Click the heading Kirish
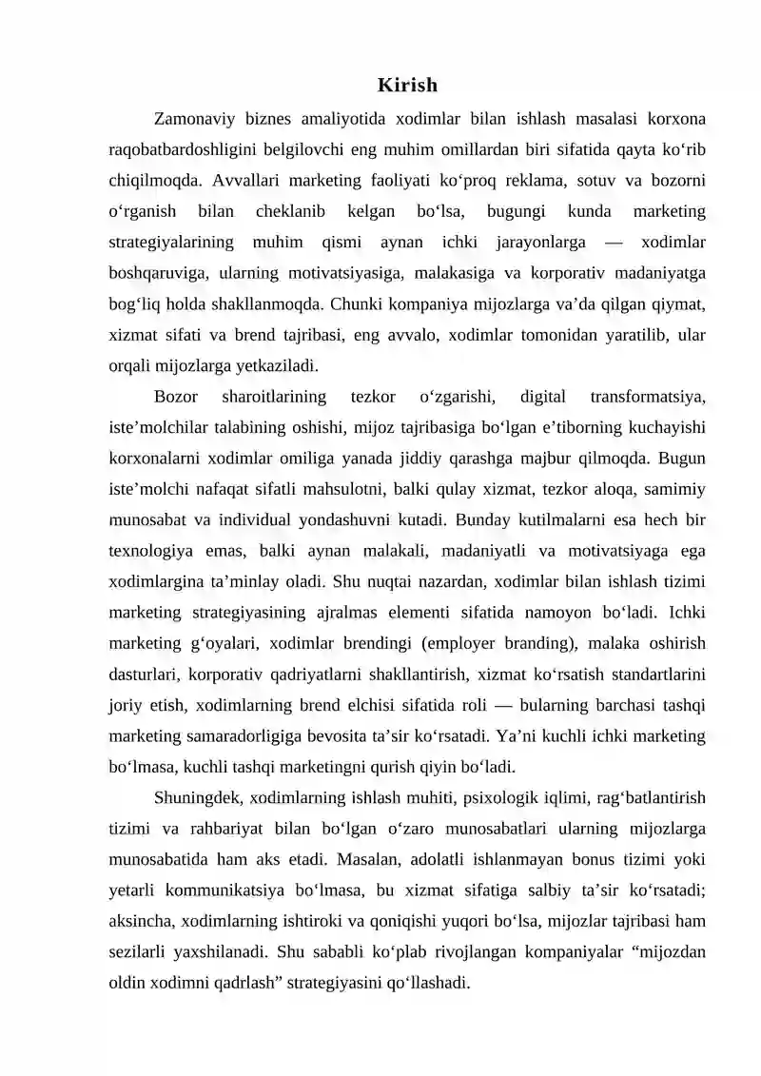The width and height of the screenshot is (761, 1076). tap(407, 86)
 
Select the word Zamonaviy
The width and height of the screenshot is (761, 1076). tap(191, 119)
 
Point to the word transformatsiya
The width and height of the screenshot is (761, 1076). tap(648, 396)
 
